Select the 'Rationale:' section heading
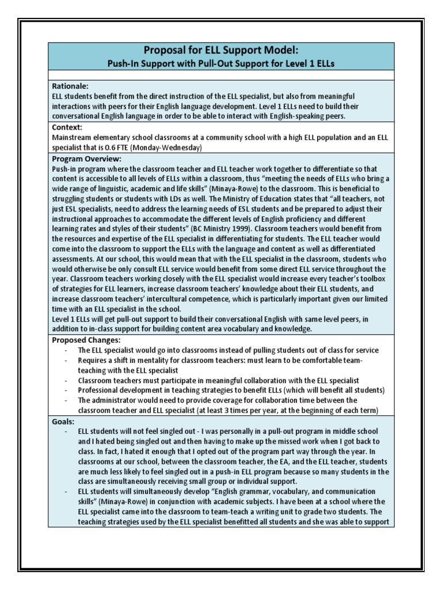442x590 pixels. tap(69, 86)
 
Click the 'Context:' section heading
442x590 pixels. tap(66, 127)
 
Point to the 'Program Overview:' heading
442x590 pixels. tap(84, 158)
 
